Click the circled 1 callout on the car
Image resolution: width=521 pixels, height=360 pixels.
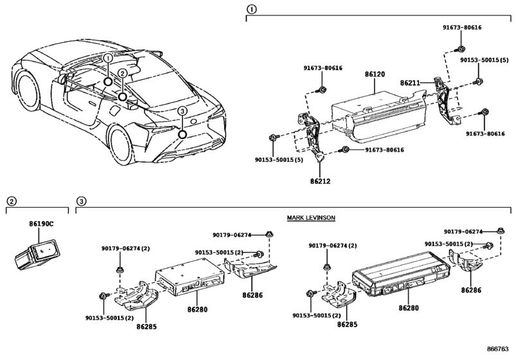[109, 59]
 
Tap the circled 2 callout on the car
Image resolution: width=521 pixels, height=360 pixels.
[122, 74]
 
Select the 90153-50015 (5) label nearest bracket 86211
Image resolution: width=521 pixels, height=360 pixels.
[484, 59]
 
